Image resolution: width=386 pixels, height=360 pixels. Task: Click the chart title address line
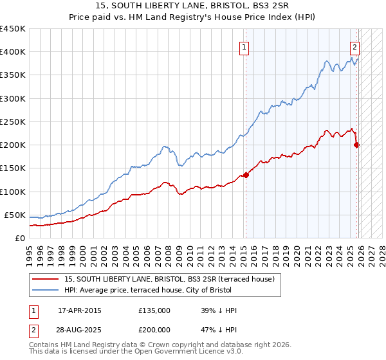pos(193,6)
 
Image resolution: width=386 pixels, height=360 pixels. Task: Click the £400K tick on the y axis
pos(12,52)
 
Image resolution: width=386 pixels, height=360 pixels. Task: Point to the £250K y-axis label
pos(12,122)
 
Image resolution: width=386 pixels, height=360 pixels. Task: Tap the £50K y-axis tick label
pos(15,215)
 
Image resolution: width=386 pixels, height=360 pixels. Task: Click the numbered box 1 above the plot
pos(245,46)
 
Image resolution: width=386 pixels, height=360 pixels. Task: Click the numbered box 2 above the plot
pos(354,46)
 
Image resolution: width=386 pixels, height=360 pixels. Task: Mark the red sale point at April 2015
pos(246,175)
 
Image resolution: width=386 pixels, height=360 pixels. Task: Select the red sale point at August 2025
pos(357,145)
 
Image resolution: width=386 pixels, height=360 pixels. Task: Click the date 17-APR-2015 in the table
pos(80,310)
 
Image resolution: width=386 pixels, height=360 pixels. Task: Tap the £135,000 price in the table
pos(154,310)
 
